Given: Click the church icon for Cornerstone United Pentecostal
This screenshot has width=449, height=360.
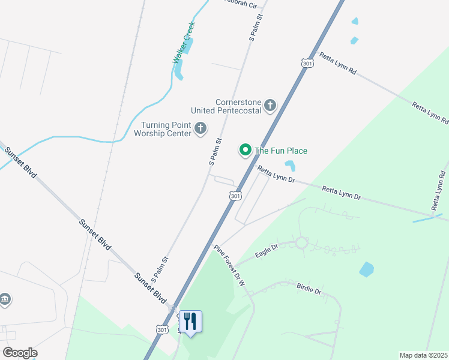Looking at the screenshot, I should point(270,106).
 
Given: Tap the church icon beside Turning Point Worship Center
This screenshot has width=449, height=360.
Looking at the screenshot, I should point(200,128).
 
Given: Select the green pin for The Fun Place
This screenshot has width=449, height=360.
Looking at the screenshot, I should point(245,149).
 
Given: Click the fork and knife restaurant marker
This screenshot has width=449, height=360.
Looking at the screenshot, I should point(191,321).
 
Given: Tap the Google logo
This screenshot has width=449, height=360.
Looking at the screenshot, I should point(20,353).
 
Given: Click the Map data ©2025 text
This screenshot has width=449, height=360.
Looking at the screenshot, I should point(423,355).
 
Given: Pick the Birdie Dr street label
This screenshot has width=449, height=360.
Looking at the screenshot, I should point(309,289).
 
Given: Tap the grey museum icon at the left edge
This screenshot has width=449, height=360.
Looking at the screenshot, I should point(5,298).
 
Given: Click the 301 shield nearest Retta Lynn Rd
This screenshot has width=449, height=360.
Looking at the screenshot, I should point(307,64).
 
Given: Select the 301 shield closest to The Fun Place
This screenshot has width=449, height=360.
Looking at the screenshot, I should point(235,196).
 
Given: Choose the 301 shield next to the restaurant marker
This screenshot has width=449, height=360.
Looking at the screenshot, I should point(161,329).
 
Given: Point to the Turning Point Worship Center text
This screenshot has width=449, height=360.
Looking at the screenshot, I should point(166,128).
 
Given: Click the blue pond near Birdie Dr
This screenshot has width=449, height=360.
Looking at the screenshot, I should point(366,269).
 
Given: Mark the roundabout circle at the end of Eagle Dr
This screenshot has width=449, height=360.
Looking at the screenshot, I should point(301,243).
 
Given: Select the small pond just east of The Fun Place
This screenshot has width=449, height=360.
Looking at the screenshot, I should point(291,166).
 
